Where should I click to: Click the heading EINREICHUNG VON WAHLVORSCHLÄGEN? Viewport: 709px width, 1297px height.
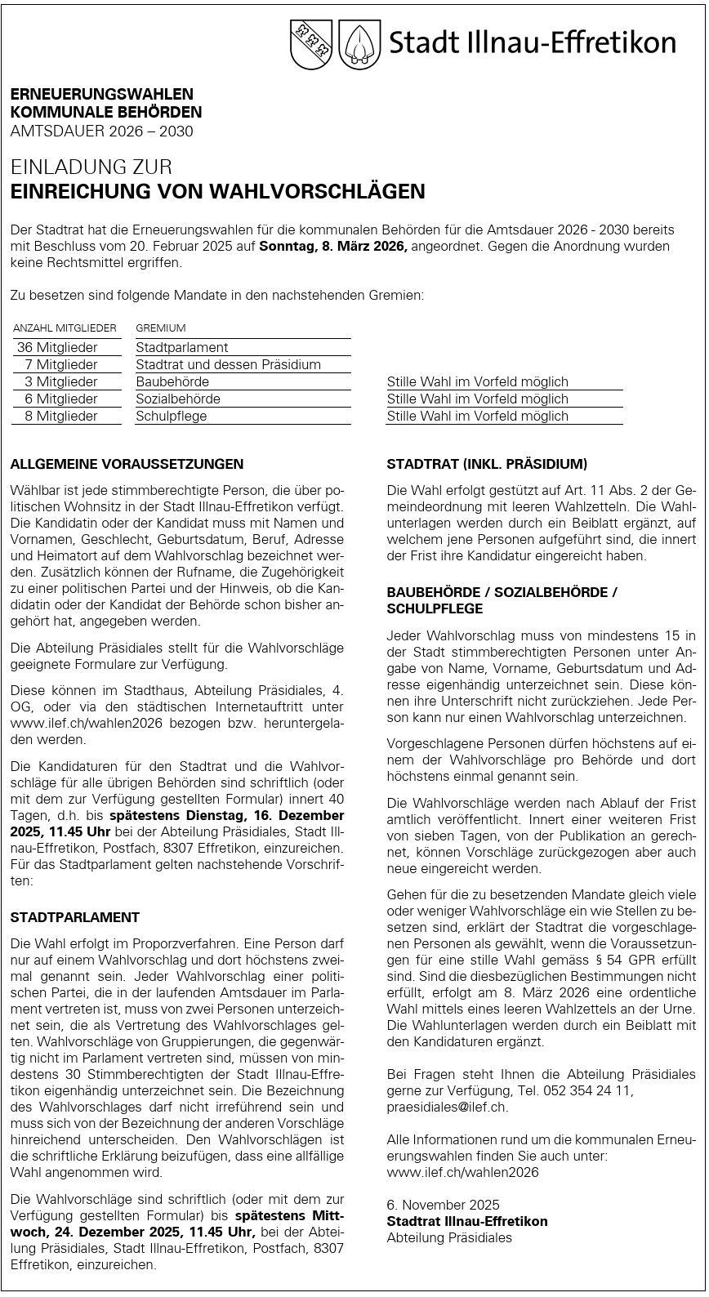pos(217,192)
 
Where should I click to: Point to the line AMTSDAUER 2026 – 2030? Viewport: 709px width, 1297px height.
pos(102,131)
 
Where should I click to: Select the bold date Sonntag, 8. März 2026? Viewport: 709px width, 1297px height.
pos(332,246)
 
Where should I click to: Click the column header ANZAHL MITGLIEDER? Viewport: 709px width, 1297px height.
pos(65,328)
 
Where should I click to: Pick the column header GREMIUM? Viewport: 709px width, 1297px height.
pos(161,328)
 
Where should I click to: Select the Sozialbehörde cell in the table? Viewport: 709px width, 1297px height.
pos(178,399)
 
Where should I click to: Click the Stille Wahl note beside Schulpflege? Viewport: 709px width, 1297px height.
pos(477,416)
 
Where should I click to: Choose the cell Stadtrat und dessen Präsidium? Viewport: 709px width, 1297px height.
pos(229,364)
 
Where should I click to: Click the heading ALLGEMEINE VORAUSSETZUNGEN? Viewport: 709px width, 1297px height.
pos(127,464)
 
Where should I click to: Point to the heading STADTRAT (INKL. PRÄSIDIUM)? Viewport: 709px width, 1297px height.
pos(487,464)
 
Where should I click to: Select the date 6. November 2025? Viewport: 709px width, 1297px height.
pos(443,1205)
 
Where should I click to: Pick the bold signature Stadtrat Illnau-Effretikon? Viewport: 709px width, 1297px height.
pos(467,1221)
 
